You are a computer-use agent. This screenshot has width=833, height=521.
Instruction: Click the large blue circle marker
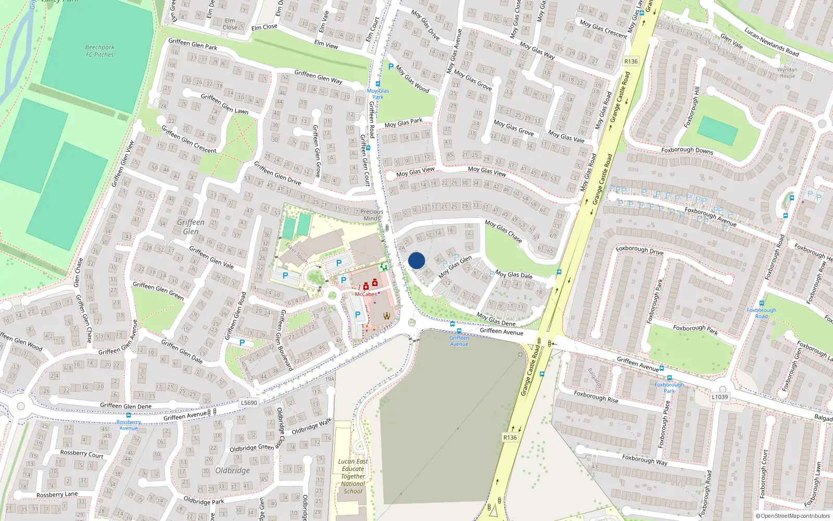416,260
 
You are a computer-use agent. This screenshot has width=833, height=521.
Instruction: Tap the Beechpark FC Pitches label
99,51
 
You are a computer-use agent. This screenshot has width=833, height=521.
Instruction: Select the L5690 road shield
249,403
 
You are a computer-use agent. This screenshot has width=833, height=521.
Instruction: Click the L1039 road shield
720,396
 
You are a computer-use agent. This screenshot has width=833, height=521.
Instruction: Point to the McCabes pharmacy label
365,294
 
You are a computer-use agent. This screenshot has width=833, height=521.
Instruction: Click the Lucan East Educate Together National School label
353,476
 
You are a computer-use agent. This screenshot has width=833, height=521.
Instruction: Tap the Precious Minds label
371,215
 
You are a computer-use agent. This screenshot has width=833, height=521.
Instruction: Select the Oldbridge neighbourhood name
232,470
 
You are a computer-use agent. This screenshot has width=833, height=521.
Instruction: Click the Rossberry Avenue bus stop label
128,425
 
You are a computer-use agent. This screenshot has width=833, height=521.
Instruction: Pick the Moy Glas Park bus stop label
377,94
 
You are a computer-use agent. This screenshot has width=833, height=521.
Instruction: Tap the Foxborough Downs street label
687,150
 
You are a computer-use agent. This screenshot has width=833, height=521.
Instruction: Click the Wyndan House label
787,72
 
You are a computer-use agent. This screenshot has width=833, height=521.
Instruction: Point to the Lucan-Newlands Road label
771,42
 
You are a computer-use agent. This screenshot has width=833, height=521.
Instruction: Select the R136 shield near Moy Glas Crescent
630,61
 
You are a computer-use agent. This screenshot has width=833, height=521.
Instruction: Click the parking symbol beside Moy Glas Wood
391,67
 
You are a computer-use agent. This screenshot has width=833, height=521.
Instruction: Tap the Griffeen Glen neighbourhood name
191,227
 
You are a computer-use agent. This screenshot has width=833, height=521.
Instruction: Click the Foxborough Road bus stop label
761,313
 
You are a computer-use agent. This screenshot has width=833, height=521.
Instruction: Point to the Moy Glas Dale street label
513,274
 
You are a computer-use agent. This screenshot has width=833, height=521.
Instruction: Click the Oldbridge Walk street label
311,427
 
